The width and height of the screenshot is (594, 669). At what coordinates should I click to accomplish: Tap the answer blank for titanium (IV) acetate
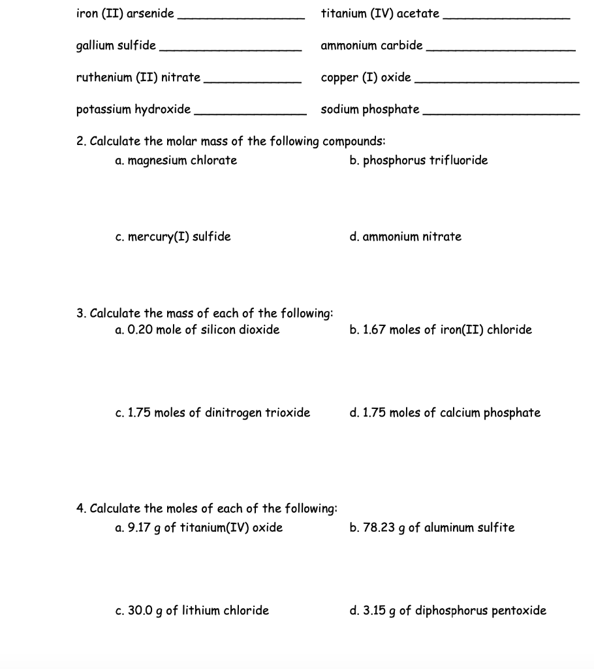507,18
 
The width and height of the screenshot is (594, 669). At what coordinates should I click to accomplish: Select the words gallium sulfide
116,46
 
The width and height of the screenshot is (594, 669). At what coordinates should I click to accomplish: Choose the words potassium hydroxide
134,109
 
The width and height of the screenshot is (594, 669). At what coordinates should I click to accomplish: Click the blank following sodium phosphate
501,113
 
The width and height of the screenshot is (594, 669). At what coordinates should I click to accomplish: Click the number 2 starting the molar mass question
80,141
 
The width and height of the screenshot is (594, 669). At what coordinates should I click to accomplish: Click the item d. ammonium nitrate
405,237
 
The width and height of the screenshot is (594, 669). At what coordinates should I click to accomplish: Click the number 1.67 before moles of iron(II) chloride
375,329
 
